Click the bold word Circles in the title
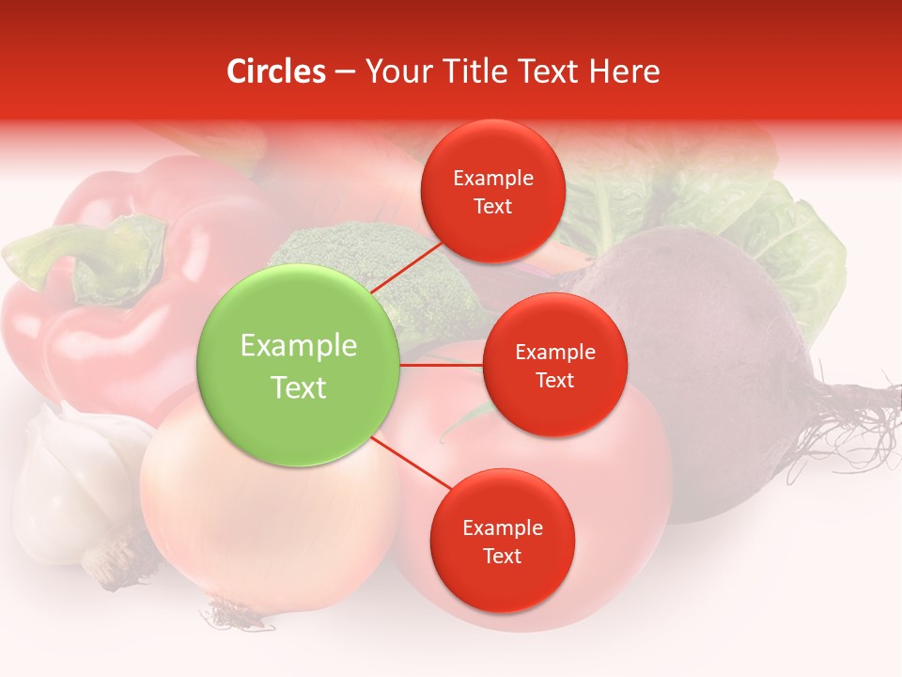pos(275,71)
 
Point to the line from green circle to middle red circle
pos(442,364)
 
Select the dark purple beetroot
pos(714,348)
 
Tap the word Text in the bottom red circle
pos(502,556)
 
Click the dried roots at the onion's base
pos(225,616)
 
